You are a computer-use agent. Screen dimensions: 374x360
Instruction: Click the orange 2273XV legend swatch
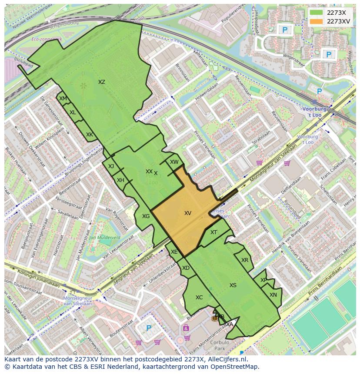pos(317,21)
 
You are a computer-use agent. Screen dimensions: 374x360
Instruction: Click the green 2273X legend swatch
pos(317,13)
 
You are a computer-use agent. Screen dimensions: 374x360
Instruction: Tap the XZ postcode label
pos(101,82)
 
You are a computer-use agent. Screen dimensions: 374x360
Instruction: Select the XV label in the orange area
pos(188,213)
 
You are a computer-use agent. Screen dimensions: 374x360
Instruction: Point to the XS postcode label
pos(233,285)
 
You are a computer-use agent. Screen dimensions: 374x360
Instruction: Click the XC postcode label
pos(199,298)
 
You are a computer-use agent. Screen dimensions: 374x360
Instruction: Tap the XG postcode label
pos(146,216)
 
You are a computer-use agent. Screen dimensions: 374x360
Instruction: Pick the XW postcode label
pos(174,162)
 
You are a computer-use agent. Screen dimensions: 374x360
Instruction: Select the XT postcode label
pos(213,232)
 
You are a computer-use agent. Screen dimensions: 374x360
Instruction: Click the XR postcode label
pos(245,260)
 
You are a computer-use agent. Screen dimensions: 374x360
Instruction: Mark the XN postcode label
pos(273,295)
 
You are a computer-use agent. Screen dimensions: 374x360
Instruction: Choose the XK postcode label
pos(89,135)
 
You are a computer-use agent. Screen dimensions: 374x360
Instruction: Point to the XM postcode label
pos(63,99)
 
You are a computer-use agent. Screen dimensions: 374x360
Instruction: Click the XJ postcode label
pos(111,166)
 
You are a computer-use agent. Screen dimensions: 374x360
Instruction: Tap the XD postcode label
pos(186,268)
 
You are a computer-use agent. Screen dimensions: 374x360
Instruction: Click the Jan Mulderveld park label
pos(104,238)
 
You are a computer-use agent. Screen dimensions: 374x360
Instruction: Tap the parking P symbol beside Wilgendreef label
pos(329,54)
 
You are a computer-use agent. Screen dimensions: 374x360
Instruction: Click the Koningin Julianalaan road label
pos(33,275)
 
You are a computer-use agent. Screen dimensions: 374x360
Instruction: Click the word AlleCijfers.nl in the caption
pos(227,359)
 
